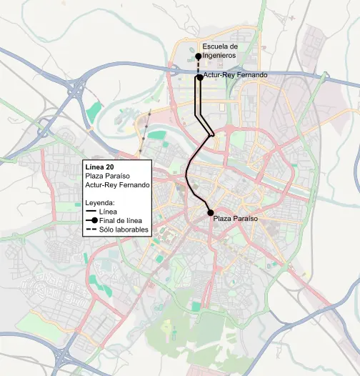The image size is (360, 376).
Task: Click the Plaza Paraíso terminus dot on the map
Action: click(210, 213)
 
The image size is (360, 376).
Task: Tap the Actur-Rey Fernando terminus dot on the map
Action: click(199, 78)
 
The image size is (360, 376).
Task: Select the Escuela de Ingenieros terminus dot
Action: click(198, 56)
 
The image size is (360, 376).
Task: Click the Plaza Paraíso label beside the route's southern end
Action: click(235, 217)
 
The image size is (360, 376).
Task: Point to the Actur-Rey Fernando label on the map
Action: click(235, 74)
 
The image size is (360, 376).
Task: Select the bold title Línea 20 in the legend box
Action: click(99, 167)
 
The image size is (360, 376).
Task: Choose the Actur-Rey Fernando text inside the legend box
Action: click(117, 184)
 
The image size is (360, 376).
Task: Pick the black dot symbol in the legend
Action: click(94, 221)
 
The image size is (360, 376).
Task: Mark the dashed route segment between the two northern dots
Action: click(199, 66)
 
